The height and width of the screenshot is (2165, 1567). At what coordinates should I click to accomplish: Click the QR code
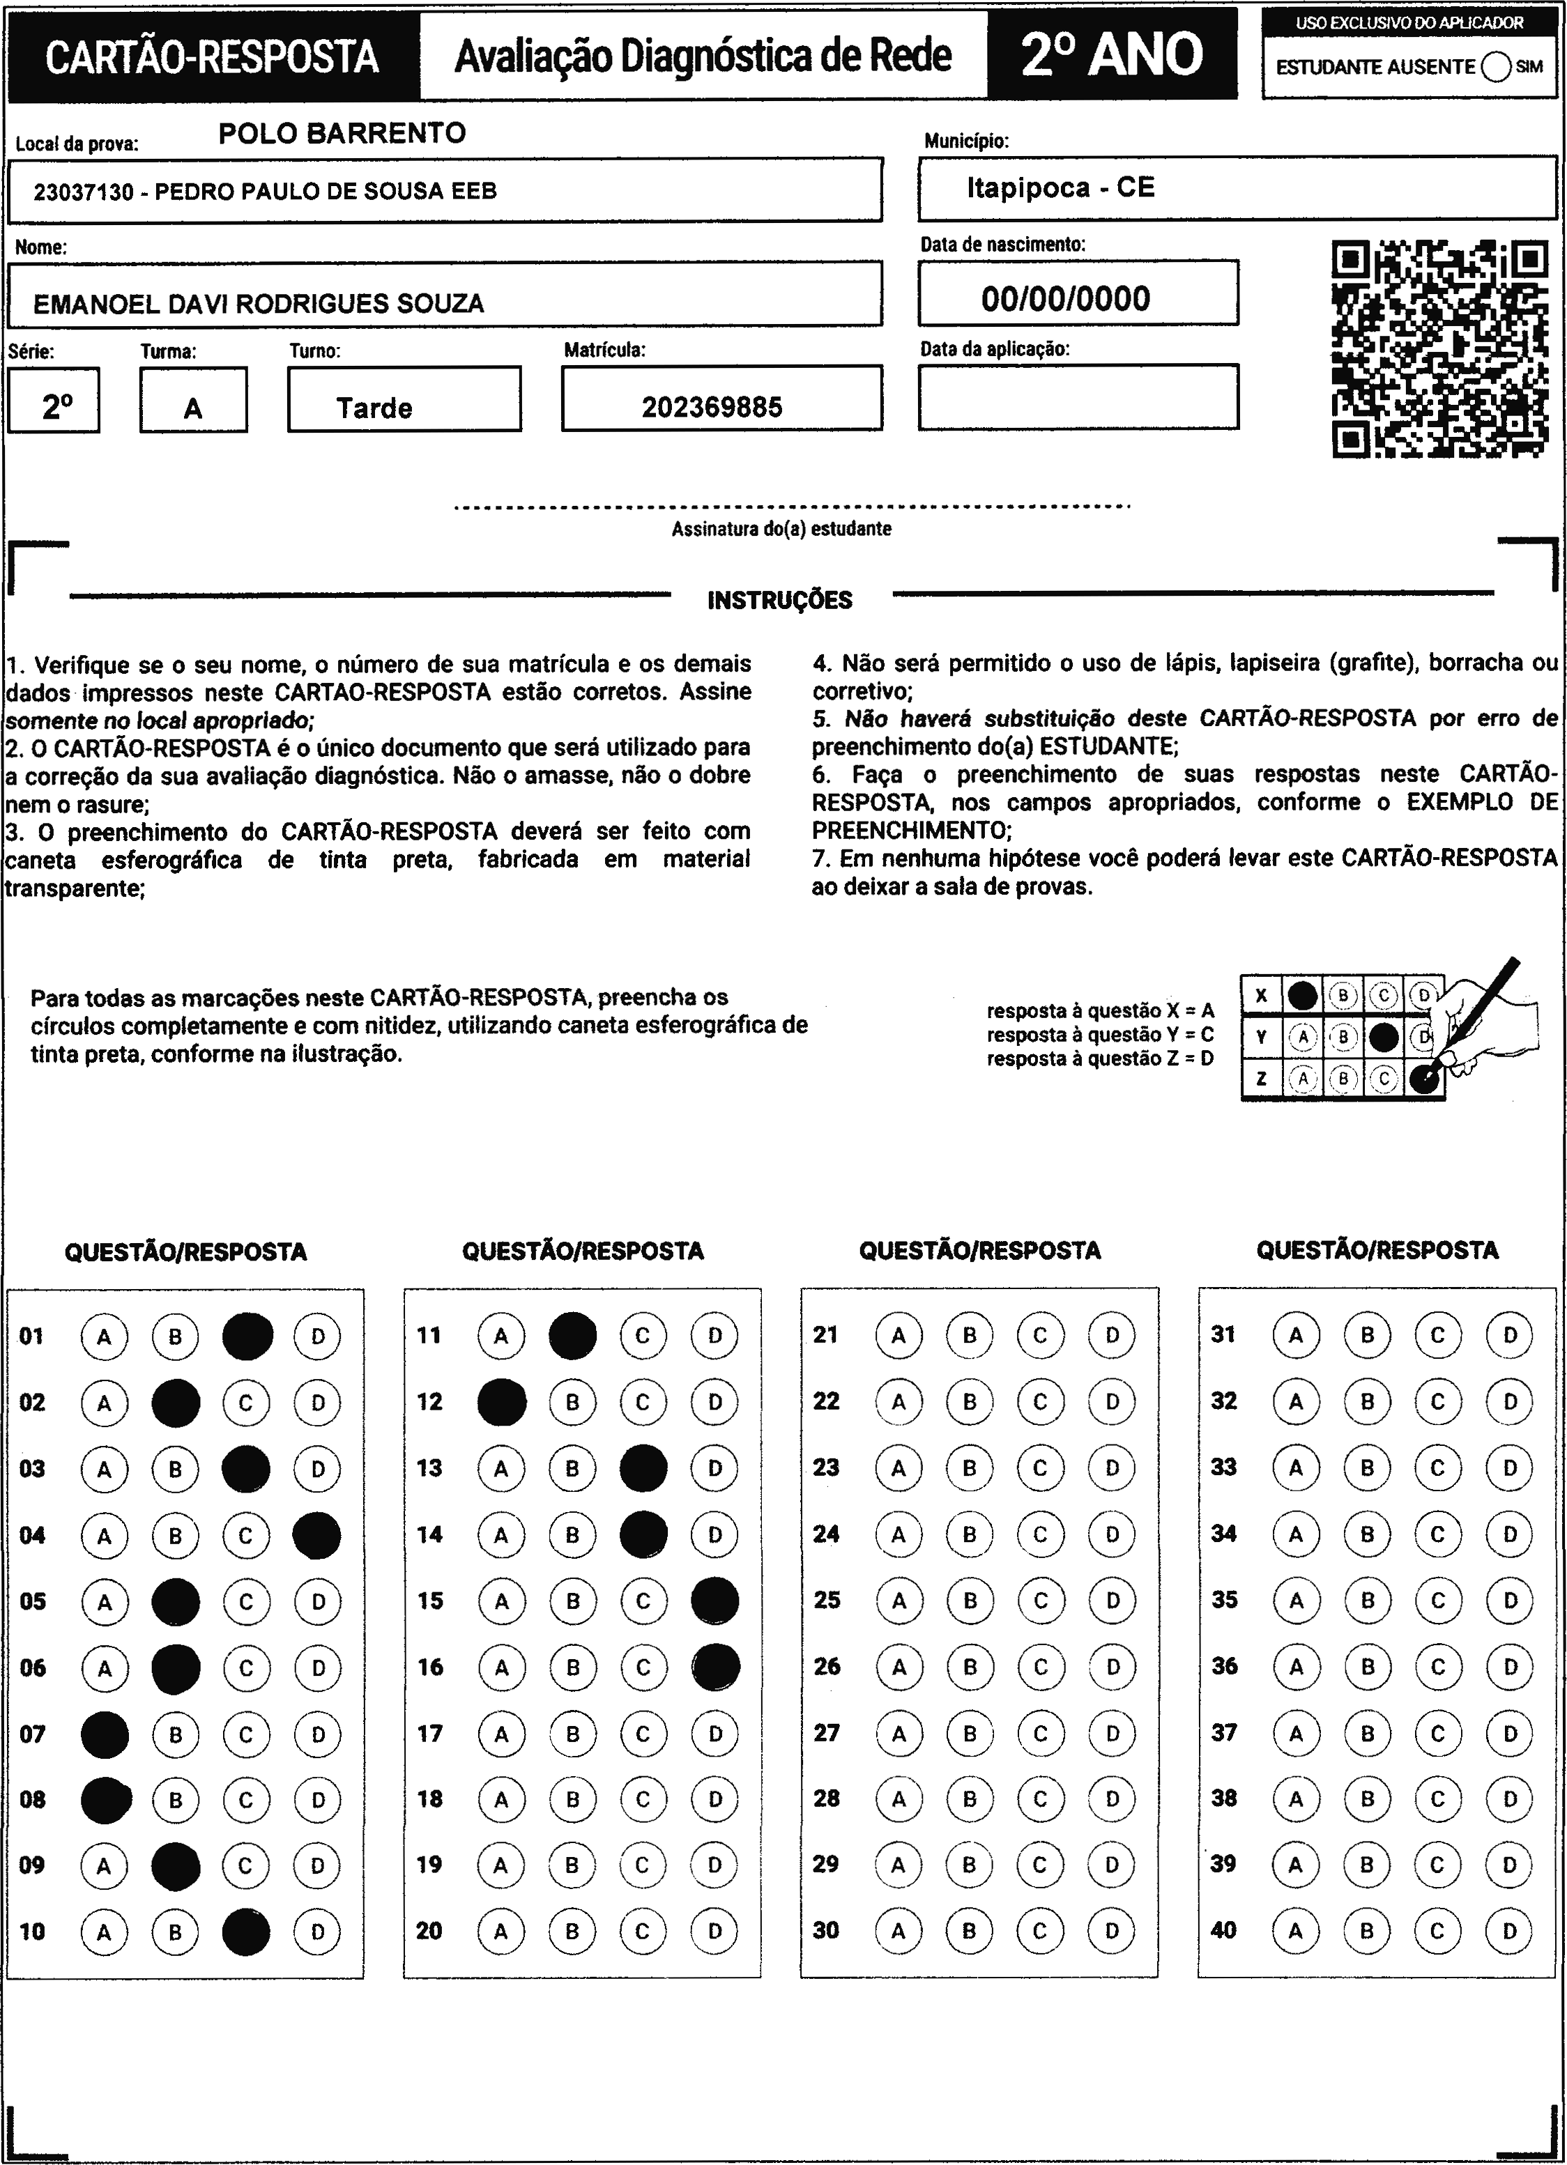[1439, 349]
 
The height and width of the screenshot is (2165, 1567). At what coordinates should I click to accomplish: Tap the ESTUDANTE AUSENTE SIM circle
[1497, 67]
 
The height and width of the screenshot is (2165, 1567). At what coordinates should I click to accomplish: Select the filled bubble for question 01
[247, 1336]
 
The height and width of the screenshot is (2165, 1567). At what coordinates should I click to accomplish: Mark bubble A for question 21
[899, 1336]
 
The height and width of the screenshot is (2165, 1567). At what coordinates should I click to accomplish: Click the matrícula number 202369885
[712, 408]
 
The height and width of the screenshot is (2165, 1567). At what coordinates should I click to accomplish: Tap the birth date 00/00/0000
[1066, 299]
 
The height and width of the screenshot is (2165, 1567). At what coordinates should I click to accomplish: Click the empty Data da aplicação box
[1078, 397]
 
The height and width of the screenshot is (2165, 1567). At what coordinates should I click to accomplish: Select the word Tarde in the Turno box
[374, 408]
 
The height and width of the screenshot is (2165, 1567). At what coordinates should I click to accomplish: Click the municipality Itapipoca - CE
[1061, 187]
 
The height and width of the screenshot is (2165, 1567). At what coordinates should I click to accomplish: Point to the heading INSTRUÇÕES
[780, 601]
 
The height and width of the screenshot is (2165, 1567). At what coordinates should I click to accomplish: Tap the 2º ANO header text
[1112, 54]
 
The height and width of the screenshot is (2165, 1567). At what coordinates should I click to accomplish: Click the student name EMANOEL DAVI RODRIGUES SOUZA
[259, 304]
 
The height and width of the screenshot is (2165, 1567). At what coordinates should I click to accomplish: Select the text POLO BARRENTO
[342, 132]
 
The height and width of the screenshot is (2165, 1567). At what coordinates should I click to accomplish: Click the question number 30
[826, 1930]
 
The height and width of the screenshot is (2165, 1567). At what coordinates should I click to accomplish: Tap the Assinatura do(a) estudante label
[781, 529]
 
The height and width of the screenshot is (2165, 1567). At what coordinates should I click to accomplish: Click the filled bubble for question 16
[716, 1667]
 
